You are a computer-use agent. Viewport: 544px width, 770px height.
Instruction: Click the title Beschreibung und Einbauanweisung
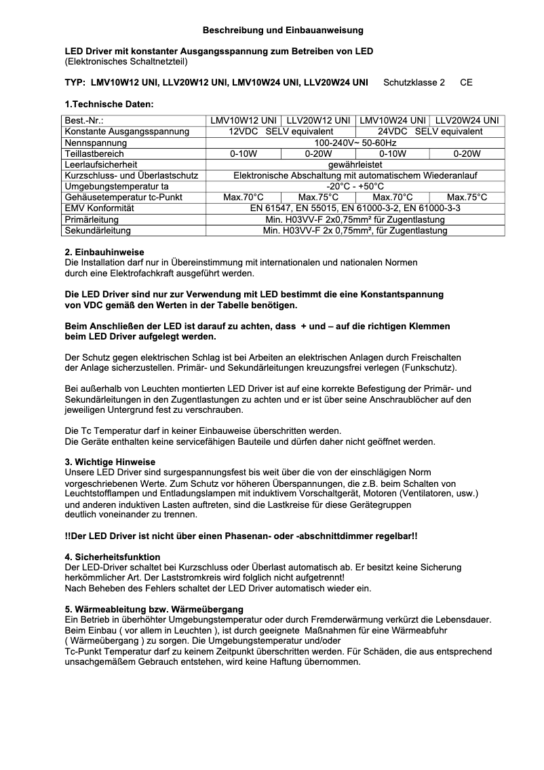click(x=283, y=30)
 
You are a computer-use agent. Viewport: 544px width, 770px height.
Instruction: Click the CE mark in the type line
click(x=466, y=82)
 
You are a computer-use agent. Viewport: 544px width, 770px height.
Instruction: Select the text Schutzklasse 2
click(x=414, y=82)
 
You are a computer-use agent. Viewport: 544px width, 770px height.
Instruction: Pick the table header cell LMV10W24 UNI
click(x=393, y=120)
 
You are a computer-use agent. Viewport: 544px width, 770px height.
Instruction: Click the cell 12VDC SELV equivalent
click(x=280, y=131)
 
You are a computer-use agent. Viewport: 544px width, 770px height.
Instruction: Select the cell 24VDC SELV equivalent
click(x=430, y=131)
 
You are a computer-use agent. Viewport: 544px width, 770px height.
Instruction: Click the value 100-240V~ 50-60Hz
click(x=355, y=143)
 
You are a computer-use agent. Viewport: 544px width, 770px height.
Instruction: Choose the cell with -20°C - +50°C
click(x=355, y=186)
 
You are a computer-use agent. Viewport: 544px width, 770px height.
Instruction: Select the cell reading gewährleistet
click(x=355, y=164)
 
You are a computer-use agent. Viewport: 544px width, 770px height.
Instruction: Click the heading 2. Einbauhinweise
click(x=104, y=252)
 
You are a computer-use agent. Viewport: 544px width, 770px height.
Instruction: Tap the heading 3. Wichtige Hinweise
click(x=110, y=462)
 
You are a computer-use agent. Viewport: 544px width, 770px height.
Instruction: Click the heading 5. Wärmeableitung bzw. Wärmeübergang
click(x=154, y=608)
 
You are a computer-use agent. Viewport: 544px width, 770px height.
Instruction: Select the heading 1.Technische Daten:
click(x=109, y=104)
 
